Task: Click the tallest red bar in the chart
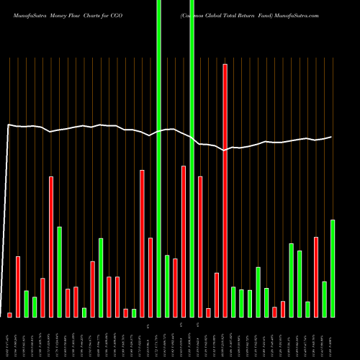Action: tap(225, 191)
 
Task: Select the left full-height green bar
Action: tap(158, 158)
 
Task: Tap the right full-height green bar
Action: tap(192, 158)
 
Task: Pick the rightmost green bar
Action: tap(333, 268)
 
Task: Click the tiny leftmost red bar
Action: tap(9, 315)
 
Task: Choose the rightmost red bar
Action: tap(316, 276)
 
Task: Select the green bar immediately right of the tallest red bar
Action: tap(233, 302)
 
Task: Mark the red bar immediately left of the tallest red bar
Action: tap(217, 294)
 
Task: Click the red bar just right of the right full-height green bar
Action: tap(200, 246)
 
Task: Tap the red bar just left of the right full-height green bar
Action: tap(184, 241)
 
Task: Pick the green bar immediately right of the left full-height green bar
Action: tap(167, 286)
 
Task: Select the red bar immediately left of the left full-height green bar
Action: tap(150, 277)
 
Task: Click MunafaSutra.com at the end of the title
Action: tap(293, 5)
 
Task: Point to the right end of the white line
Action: tap(332, 137)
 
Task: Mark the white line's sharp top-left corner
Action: tap(8, 125)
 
